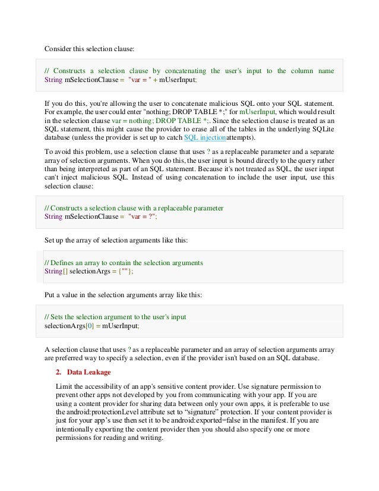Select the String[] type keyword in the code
(56, 271)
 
